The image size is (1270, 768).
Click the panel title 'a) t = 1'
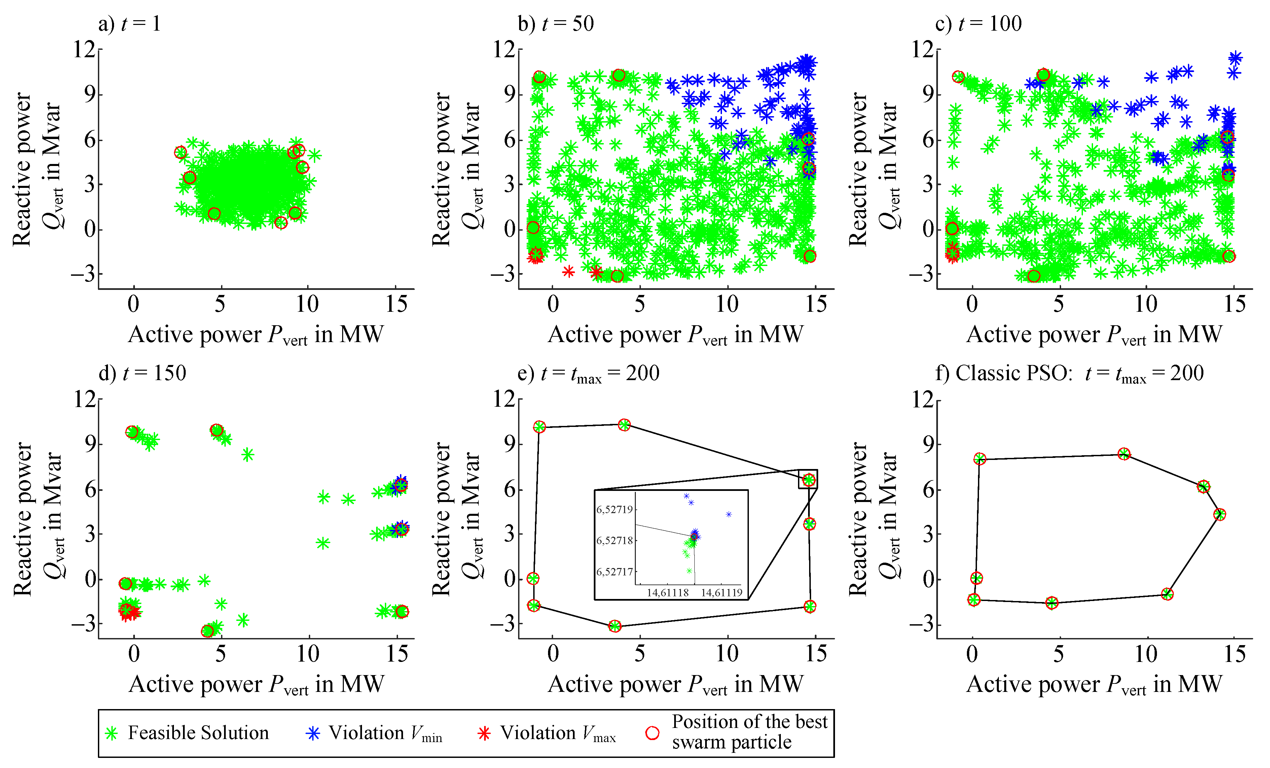130,24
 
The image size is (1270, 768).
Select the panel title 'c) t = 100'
978,24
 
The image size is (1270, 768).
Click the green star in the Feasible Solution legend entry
111,733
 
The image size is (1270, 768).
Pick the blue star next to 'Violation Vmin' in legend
313,733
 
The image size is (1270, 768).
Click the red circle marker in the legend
653,733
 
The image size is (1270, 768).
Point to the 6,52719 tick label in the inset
614,510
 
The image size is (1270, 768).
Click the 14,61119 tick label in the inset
721,593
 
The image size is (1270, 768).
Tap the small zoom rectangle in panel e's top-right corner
808,479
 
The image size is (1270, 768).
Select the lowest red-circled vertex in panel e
614,626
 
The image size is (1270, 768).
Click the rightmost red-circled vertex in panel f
1220,514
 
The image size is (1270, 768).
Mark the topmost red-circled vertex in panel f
1124,454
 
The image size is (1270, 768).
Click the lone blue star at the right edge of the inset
729,514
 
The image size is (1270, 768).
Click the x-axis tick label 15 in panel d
397,654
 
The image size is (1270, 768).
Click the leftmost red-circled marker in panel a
180,152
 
